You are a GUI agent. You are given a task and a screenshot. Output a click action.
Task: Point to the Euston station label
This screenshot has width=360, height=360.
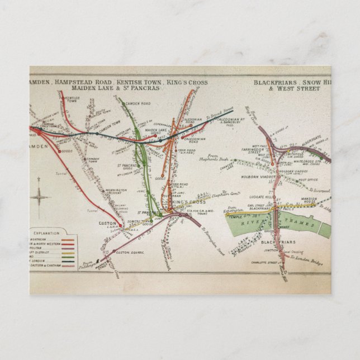(x=107, y=223)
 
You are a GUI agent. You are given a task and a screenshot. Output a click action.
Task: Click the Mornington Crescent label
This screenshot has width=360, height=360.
(x=117, y=192)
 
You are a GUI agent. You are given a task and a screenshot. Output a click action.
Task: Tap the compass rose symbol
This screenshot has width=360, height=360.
(x=40, y=197)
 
